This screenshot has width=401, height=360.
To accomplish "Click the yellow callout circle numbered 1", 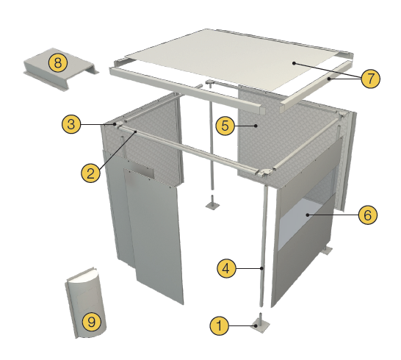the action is [x=220, y=325].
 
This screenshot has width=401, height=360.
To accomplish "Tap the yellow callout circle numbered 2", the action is [x=91, y=173].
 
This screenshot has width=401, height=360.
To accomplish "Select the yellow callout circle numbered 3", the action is [x=71, y=124].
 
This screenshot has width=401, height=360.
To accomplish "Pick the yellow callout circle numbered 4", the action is [x=227, y=268].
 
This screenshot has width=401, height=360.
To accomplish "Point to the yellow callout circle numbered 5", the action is [x=225, y=126].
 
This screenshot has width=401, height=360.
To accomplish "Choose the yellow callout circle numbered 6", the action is [x=367, y=215].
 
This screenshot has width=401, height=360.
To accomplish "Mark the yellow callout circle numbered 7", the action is [x=371, y=79].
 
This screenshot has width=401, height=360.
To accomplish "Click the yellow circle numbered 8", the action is [x=58, y=62].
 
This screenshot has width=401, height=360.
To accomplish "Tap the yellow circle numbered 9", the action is [x=92, y=321].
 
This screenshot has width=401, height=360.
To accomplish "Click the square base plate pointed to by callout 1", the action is [x=260, y=326].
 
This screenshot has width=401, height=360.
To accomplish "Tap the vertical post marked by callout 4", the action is [x=264, y=245].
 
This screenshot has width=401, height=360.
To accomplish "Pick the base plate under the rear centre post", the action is [x=212, y=205].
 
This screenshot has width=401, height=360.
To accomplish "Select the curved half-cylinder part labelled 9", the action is [x=86, y=303].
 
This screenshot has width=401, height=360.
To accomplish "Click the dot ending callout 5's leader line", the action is [x=256, y=126].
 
